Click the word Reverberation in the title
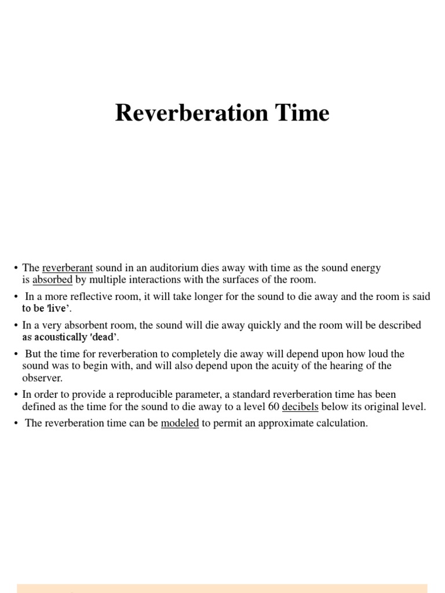point(192,113)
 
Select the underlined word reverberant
point(68,268)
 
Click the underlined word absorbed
point(52,280)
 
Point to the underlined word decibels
point(300,407)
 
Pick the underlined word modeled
point(180,423)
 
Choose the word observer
point(42,378)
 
